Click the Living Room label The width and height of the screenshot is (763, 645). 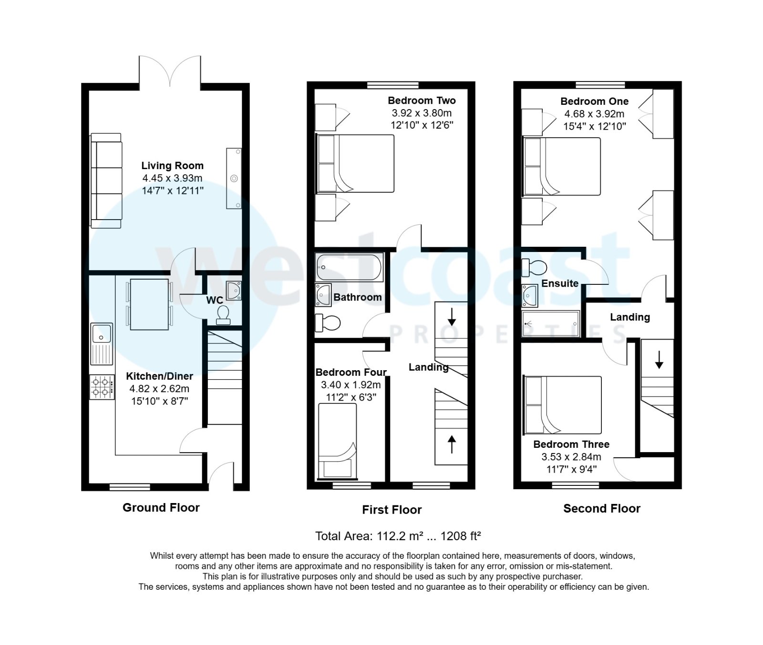click(172, 165)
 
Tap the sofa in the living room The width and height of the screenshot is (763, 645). click(106, 181)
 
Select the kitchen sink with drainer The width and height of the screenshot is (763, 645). click(101, 343)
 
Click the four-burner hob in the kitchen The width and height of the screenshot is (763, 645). click(102, 387)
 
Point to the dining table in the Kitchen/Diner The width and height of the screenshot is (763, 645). click(149, 304)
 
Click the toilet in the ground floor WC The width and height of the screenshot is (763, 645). click(223, 315)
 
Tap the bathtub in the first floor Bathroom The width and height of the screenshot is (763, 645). click(349, 267)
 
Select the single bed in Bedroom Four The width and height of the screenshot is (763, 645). click(337, 441)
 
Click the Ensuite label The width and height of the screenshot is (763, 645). click(559, 283)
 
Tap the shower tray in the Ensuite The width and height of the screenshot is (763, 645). click(550, 324)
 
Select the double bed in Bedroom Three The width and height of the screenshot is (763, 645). click(563, 405)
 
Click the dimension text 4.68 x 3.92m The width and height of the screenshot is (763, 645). click(594, 114)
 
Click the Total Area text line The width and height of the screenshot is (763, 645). click(397, 536)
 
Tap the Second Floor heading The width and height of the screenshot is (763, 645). click(601, 508)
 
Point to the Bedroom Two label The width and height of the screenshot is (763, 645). click(422, 101)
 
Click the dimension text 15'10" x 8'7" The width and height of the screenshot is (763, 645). click(160, 401)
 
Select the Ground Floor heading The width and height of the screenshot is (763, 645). click(161, 507)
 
